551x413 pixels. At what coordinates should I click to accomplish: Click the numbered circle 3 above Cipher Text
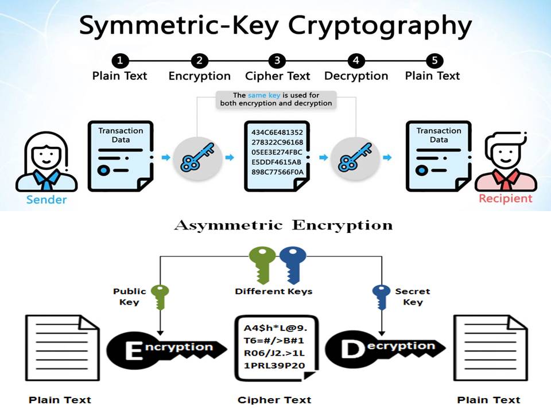pyautogui.click(x=277, y=60)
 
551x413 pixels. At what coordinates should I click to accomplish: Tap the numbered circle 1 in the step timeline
pyautogui.click(x=119, y=60)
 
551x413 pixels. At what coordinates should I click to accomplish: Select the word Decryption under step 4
pyautogui.click(x=356, y=76)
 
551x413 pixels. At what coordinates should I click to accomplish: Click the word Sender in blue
pyautogui.click(x=46, y=200)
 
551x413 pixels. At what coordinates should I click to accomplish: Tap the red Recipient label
pyautogui.click(x=506, y=198)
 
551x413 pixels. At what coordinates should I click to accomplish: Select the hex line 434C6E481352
pyautogui.click(x=277, y=133)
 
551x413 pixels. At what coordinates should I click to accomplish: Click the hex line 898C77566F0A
pyautogui.click(x=277, y=172)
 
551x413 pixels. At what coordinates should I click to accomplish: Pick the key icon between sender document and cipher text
pyautogui.click(x=197, y=157)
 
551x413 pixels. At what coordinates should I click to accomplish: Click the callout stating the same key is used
pyautogui.click(x=276, y=99)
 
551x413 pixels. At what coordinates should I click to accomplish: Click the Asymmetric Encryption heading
pyautogui.click(x=283, y=224)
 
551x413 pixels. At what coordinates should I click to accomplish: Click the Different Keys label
pyautogui.click(x=274, y=291)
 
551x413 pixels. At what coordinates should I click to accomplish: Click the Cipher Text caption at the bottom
pyautogui.click(x=274, y=400)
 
